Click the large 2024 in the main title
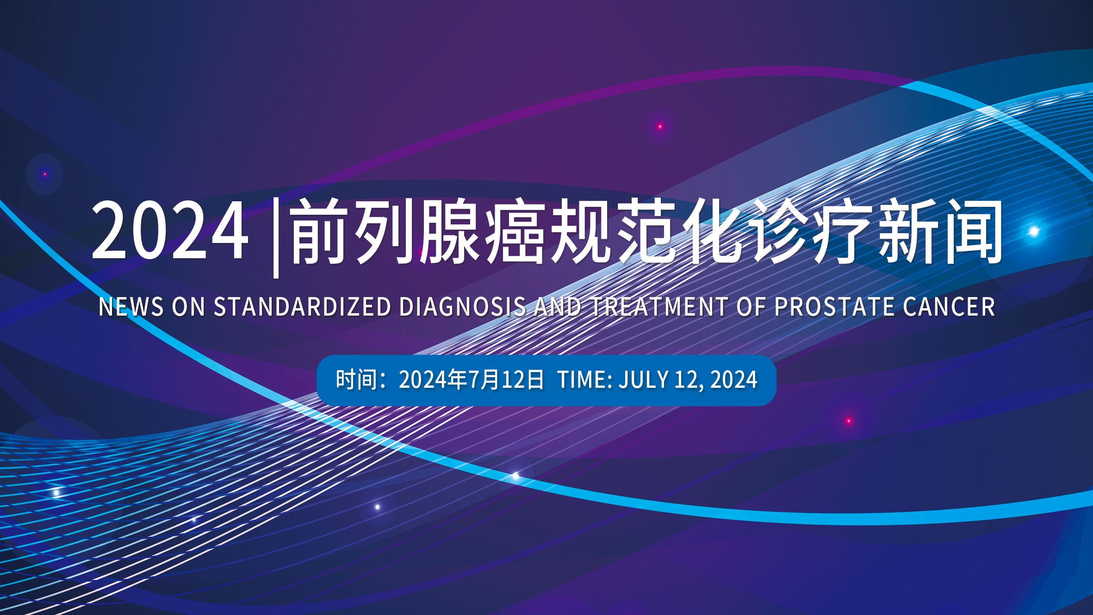tap(170, 230)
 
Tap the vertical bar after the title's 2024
tap(276, 238)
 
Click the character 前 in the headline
tap(319, 231)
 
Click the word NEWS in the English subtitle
tap(131, 307)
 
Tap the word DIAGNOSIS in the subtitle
tap(463, 307)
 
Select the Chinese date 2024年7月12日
tap(472, 379)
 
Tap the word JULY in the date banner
tap(644, 379)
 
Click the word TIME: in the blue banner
tap(585, 379)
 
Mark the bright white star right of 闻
tap(1033, 231)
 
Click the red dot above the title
tap(660, 126)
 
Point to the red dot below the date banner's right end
tap(849, 421)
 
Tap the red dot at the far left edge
tap(45, 174)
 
